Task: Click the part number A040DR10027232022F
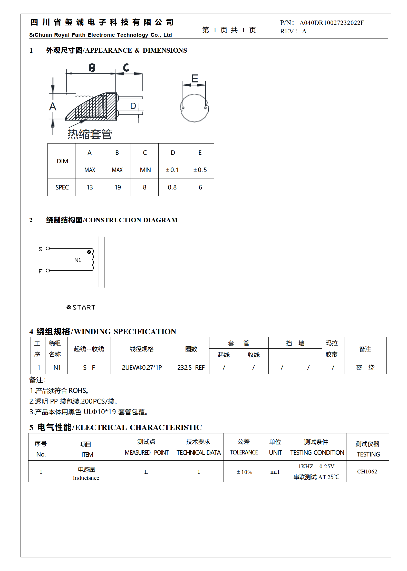[331, 23]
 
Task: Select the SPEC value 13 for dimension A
[90, 187]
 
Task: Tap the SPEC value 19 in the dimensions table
[118, 187]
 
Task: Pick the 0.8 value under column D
[172, 187]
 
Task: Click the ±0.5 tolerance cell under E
[200, 170]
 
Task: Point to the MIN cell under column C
[145, 170]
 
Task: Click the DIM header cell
[62, 161]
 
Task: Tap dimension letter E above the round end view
[195, 78]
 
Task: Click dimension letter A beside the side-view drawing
[53, 107]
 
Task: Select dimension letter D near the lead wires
[133, 106]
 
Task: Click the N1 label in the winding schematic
[77, 260]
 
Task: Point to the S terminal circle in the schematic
[48, 249]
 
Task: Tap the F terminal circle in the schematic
[48, 271]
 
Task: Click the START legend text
[84, 308]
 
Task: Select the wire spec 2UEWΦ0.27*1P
[142, 368]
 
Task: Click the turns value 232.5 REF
[191, 368]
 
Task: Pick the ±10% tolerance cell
[244, 472]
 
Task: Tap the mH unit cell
[275, 472]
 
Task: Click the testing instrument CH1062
[367, 472]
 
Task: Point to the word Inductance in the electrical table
[86, 478]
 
